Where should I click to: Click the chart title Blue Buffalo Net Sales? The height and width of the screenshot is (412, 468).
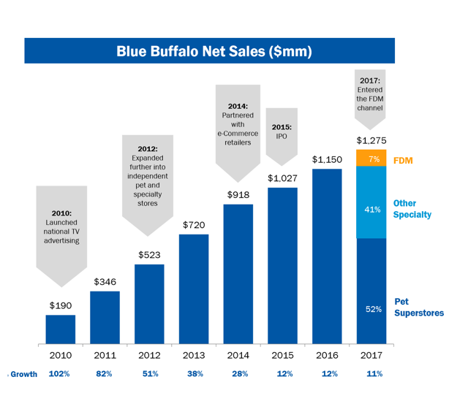(x=214, y=51)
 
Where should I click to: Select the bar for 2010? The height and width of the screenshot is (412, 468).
(x=61, y=329)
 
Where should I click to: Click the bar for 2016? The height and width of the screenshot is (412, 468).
(x=327, y=256)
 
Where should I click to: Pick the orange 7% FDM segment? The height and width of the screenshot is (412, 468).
(x=371, y=159)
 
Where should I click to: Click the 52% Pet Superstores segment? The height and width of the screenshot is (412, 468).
(x=371, y=291)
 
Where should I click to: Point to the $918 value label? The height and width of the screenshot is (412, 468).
(x=238, y=194)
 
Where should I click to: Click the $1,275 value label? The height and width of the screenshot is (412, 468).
(x=371, y=140)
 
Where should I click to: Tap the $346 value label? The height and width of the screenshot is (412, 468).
(x=105, y=281)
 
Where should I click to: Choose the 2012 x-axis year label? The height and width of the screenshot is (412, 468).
(x=149, y=356)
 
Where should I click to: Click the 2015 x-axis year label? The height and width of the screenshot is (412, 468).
(x=282, y=356)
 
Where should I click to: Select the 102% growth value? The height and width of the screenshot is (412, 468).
(x=61, y=374)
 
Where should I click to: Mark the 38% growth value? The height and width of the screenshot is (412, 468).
(x=194, y=374)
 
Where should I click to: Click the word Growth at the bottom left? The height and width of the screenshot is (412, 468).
(x=23, y=374)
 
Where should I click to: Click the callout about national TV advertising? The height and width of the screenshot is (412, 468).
(x=61, y=230)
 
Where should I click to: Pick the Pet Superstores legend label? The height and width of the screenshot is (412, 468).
(x=418, y=307)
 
